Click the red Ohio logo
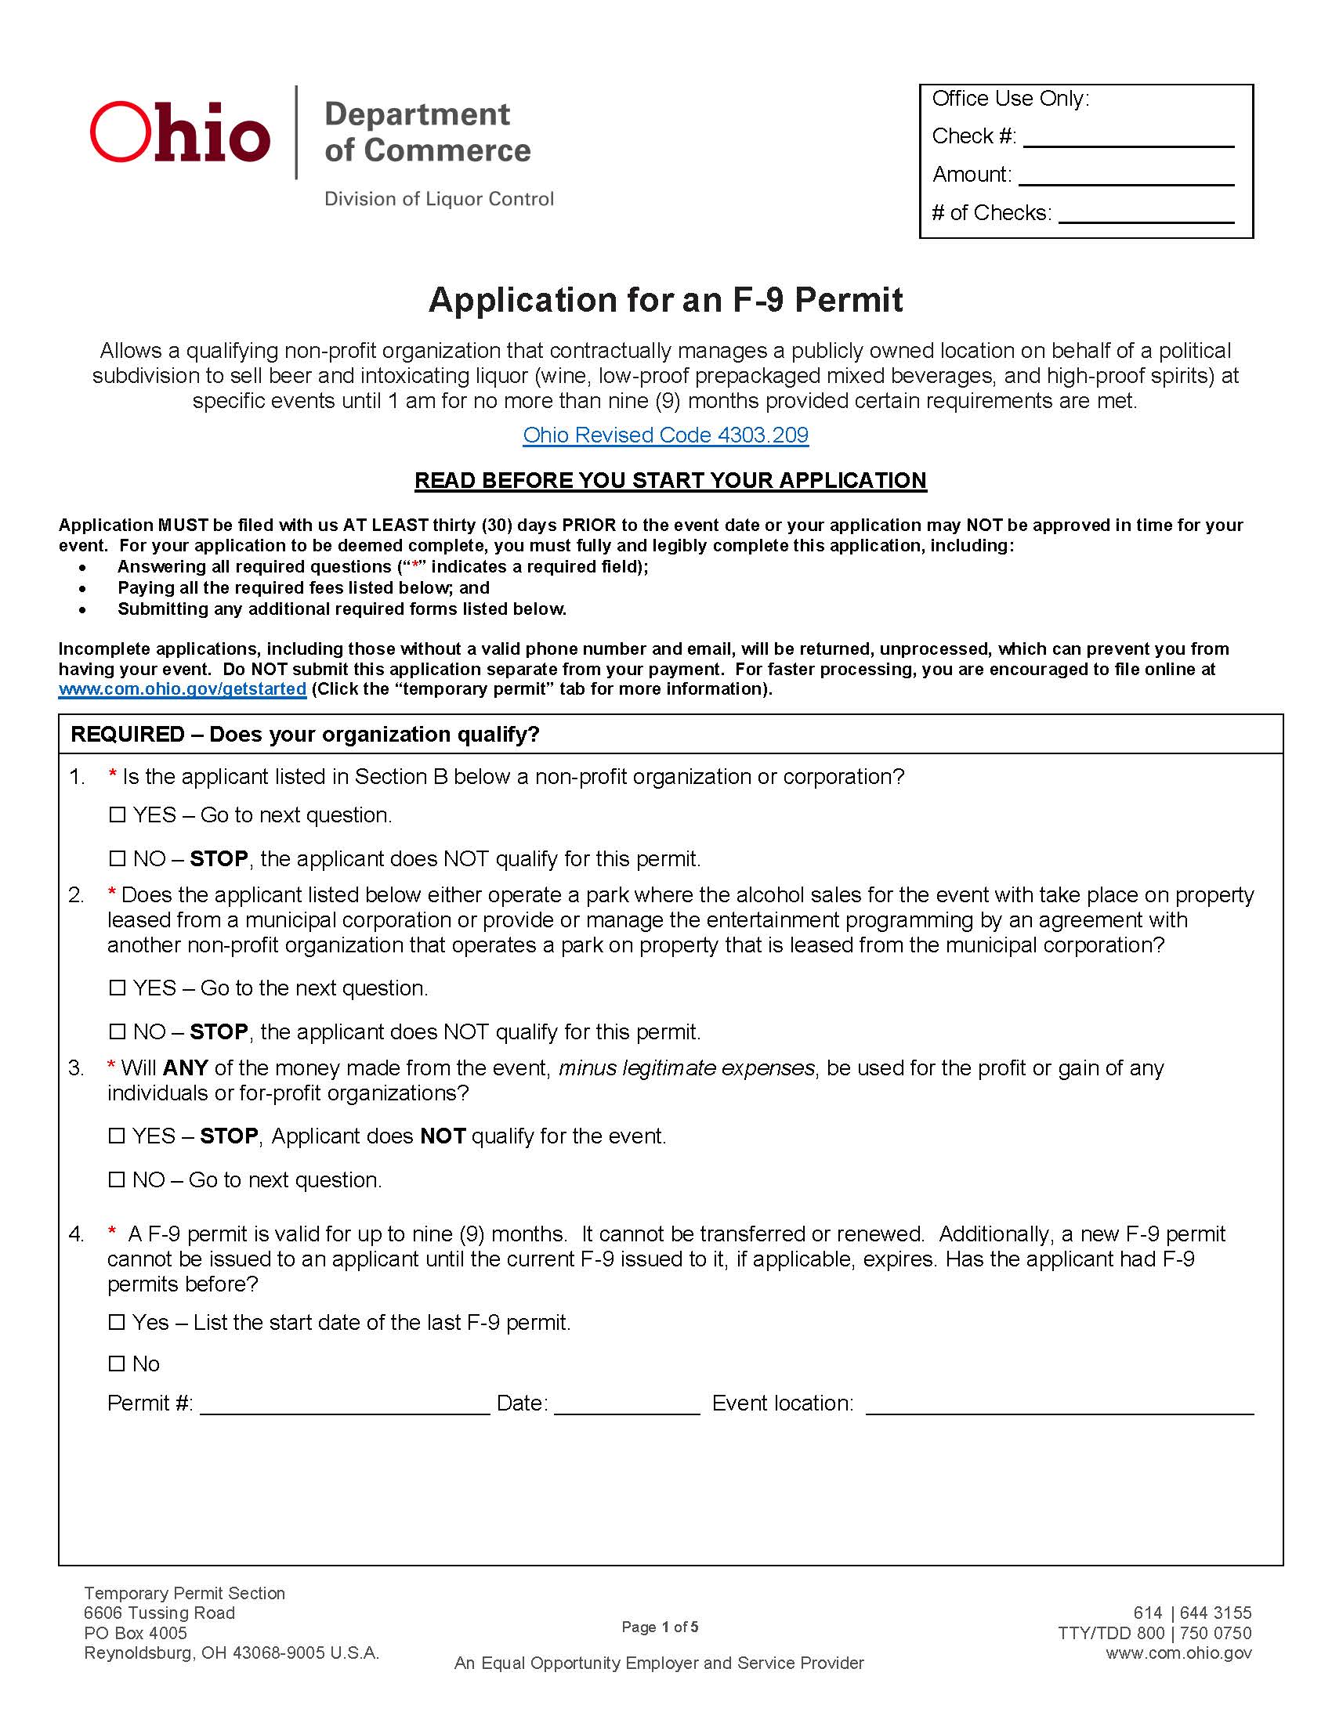(180, 132)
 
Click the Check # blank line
(1128, 139)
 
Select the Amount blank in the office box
(1126, 177)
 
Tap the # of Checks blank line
(1146, 215)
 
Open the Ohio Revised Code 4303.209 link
(665, 435)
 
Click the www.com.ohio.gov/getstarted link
(183, 688)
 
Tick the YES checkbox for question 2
(117, 988)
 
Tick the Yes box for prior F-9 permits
(117, 1322)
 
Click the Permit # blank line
(345, 1406)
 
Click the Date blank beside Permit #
(627, 1406)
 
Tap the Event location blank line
(1059, 1406)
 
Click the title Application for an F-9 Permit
(665, 300)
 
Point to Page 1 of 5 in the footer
(660, 1627)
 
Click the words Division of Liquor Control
(439, 199)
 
